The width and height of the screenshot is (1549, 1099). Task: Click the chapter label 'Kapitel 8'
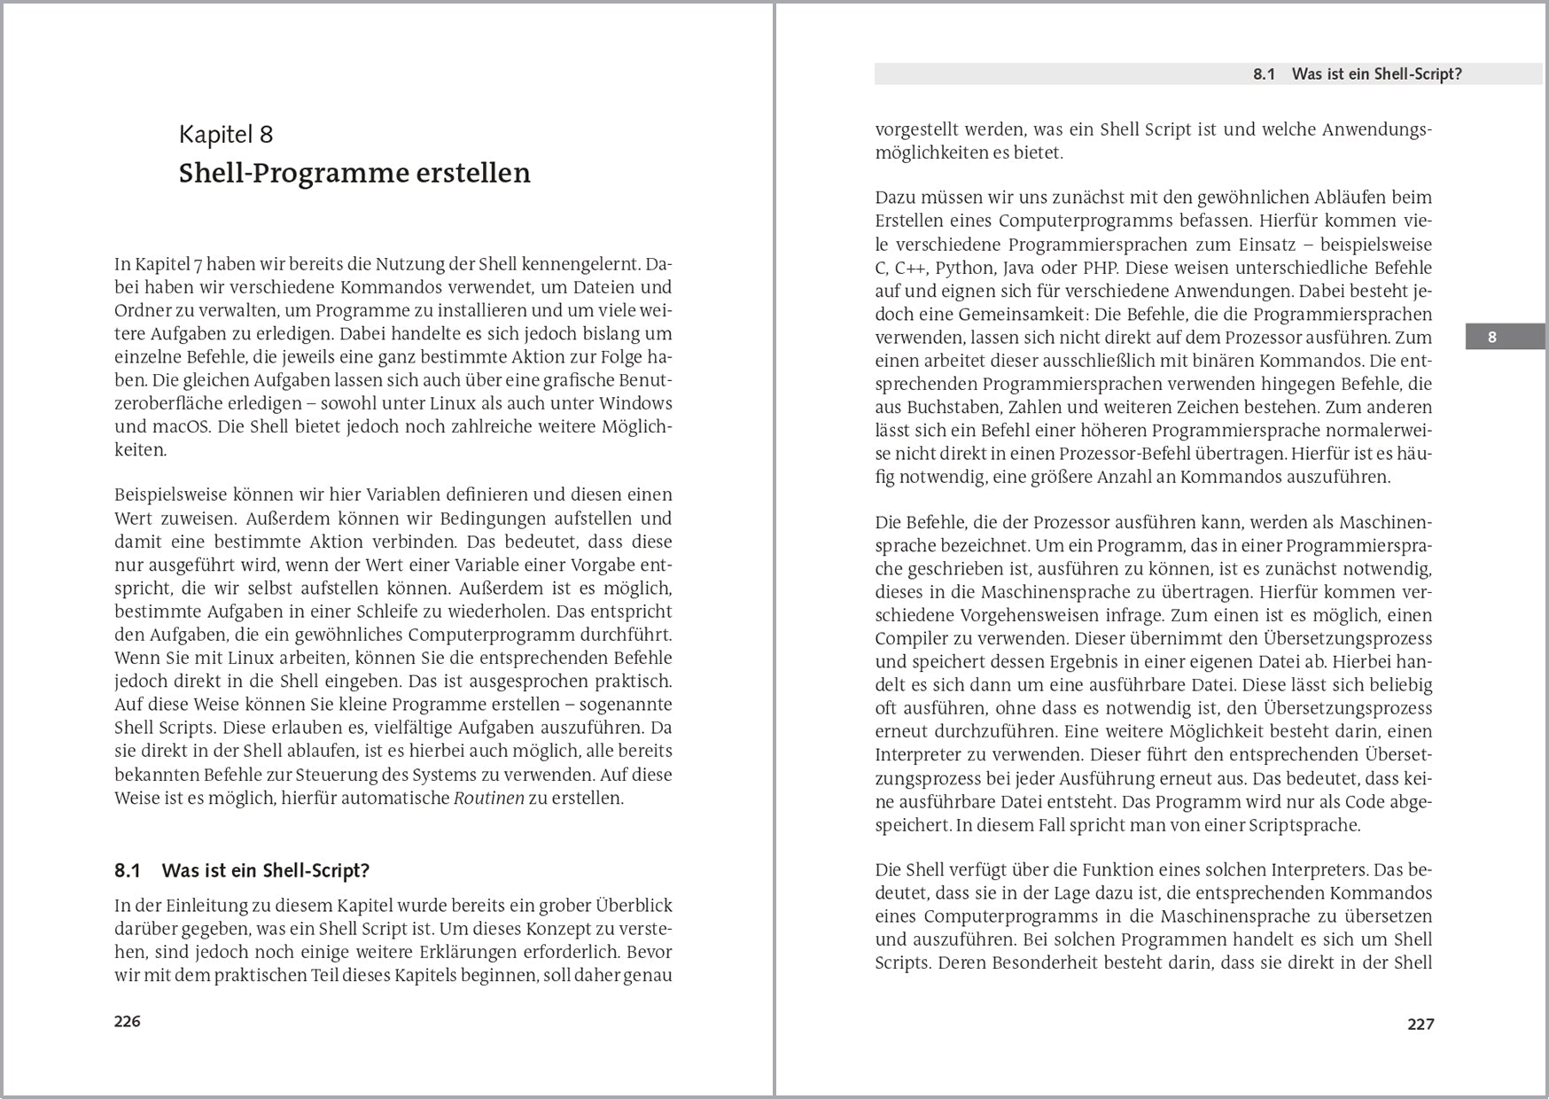(226, 135)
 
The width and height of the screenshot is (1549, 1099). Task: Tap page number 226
(128, 1021)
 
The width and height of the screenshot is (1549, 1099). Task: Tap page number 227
(1421, 1024)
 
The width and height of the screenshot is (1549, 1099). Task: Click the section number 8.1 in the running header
(1264, 74)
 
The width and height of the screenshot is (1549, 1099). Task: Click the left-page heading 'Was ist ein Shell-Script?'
(265, 870)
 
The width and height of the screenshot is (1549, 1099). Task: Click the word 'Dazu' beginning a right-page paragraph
(895, 198)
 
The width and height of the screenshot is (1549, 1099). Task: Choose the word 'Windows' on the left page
(635, 403)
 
